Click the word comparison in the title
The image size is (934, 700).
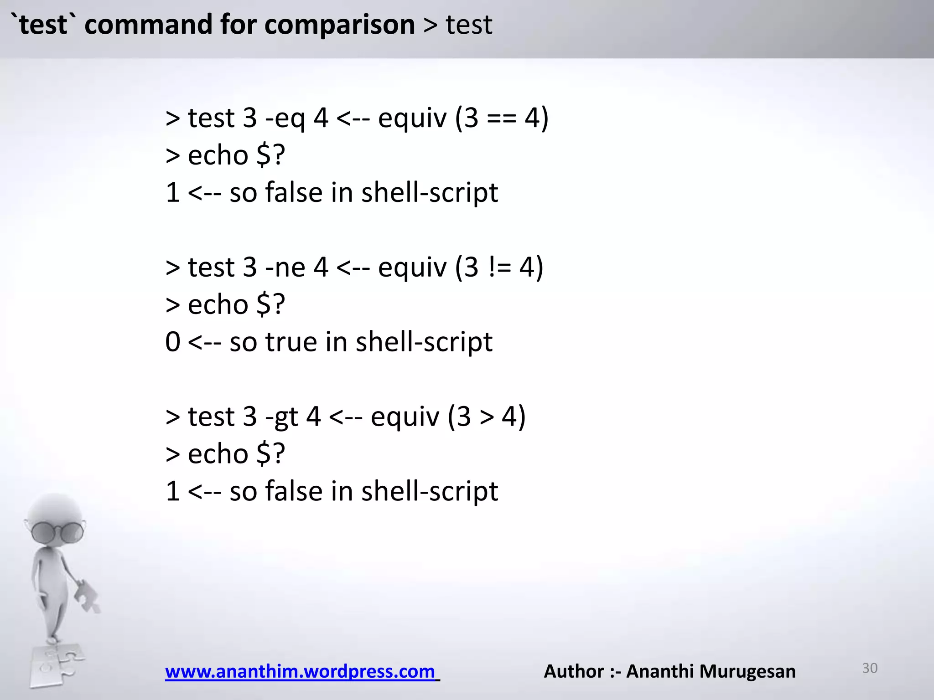[339, 25]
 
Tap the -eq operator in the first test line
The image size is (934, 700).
[285, 118]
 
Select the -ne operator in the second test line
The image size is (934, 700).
[285, 268]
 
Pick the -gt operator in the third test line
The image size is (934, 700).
[281, 417]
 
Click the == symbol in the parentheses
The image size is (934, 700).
[501, 118]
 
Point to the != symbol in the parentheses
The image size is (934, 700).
[499, 268]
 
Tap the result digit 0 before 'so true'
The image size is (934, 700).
[173, 342]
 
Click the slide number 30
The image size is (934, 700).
[870, 668]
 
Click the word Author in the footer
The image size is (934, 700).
[574, 671]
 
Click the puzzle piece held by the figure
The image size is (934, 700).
[87, 595]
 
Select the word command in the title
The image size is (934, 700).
[148, 25]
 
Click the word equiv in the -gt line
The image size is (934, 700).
[405, 417]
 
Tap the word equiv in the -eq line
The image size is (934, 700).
[412, 118]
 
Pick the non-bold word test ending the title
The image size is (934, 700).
[469, 25]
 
